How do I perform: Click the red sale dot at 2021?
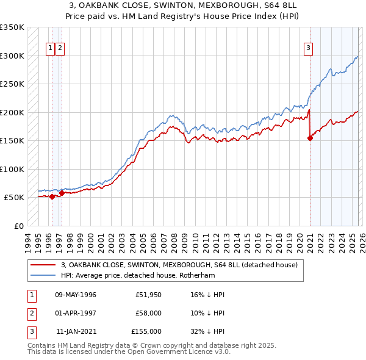tap(310, 138)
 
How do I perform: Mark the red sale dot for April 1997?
tap(62, 193)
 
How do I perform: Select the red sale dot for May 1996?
tap(52, 196)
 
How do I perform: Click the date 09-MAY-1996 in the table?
tap(76, 295)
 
